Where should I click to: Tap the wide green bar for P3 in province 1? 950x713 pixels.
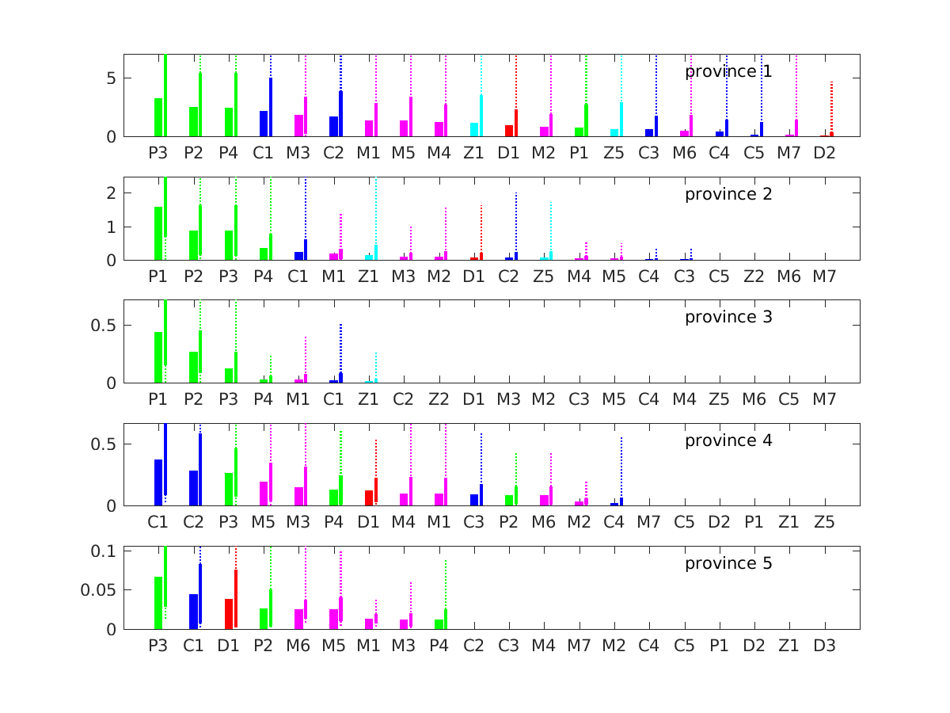tap(158, 117)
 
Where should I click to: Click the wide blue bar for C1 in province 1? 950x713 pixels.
tap(264, 124)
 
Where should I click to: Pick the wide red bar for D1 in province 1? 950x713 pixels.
tap(509, 131)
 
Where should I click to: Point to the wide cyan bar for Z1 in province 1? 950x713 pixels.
tap(474, 130)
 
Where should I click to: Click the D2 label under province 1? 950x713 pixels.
tap(824, 151)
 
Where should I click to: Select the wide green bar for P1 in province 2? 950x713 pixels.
tap(158, 234)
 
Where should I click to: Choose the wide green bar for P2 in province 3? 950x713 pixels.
tap(193, 368)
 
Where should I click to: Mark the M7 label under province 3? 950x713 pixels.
tap(824, 398)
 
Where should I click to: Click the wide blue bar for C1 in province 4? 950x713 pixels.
tap(158, 482)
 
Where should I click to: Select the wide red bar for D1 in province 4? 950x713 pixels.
tap(369, 498)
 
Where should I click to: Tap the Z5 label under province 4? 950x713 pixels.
tap(824, 521)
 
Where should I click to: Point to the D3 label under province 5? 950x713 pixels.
tap(824, 645)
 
